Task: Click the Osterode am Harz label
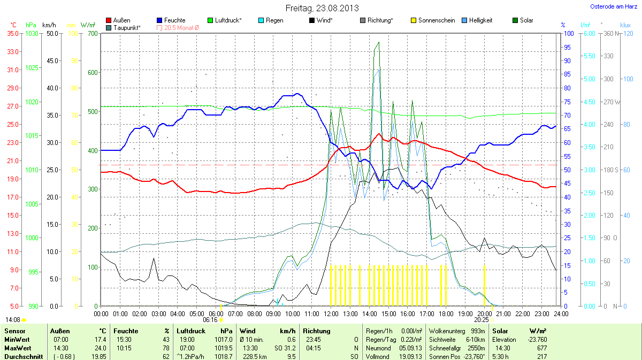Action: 610,6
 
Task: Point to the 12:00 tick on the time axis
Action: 331,313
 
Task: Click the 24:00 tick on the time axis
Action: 560,313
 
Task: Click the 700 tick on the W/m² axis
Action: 93,34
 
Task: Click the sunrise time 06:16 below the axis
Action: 210,320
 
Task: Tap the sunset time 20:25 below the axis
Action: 481,320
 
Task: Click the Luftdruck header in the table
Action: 191,331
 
